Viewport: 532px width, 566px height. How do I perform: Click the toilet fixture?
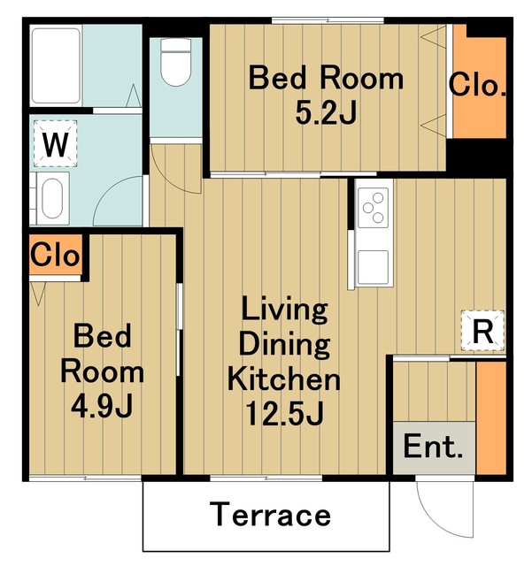tap(175, 62)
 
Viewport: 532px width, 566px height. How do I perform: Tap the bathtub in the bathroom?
tap(56, 65)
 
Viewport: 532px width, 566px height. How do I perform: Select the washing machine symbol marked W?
tap(55, 143)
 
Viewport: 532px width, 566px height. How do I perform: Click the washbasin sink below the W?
tap(53, 198)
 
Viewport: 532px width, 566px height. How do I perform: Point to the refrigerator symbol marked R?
tap(482, 331)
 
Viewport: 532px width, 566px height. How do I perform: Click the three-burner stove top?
tap(374, 208)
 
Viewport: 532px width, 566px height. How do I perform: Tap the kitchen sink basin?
tap(373, 267)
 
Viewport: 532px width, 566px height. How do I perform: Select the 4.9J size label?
tap(103, 405)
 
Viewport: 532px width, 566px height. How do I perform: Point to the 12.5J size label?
tap(284, 413)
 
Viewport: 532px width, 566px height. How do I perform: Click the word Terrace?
tap(270, 515)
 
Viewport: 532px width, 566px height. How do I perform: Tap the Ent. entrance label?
tap(433, 447)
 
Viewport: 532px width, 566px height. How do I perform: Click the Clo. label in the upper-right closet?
tap(477, 85)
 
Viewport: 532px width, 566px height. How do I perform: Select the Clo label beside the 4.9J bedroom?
tap(55, 255)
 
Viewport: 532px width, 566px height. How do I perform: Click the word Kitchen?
tap(284, 379)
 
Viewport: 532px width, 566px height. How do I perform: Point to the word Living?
tap(285, 310)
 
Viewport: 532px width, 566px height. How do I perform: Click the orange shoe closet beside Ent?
tap(490, 417)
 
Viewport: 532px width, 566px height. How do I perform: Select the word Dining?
tap(284, 344)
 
